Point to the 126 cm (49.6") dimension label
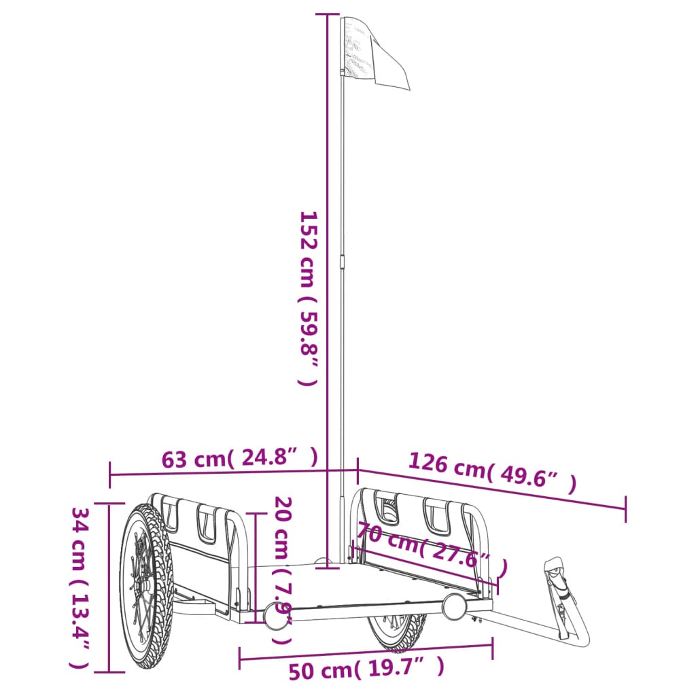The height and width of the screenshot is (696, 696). tap(492, 472)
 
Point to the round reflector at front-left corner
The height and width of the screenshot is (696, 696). tap(276, 614)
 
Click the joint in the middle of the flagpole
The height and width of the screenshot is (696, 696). tap(342, 262)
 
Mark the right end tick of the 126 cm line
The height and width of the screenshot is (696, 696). tap(625, 509)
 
